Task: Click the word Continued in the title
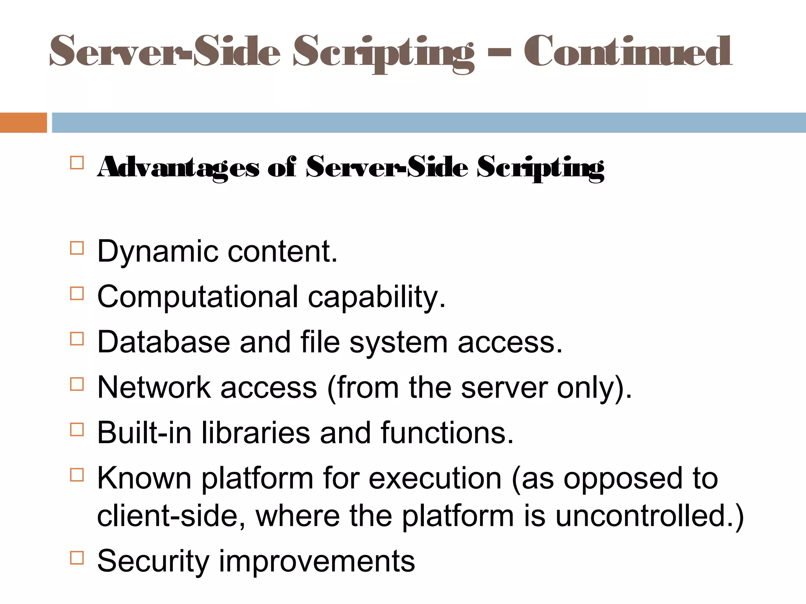coord(627,51)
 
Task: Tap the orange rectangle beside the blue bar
coord(23,123)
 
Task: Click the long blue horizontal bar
coord(429,123)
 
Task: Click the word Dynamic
coord(158,252)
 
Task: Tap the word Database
coord(163,342)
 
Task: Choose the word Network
coord(154,387)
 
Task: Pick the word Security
coord(153,562)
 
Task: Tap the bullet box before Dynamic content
coord(77,249)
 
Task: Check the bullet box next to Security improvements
coord(77,558)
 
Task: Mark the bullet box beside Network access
coord(77,384)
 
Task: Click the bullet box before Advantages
coord(77,163)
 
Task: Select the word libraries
coord(256,433)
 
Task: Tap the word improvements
coord(317,562)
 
